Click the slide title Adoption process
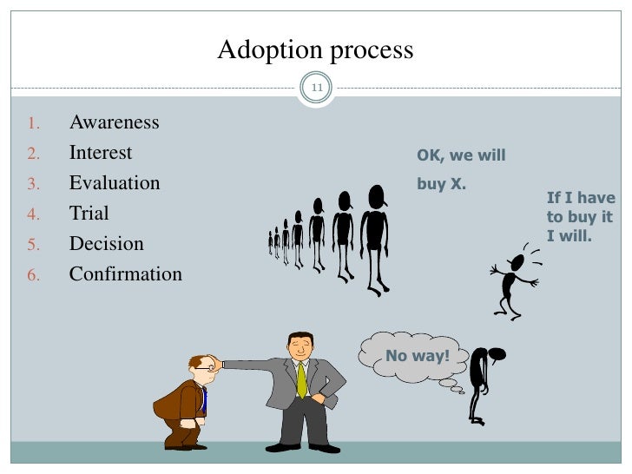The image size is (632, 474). tap(315, 50)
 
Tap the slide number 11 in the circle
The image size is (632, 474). tap(316, 88)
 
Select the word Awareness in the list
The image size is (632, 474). tap(114, 122)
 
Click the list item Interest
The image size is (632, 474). tap(101, 154)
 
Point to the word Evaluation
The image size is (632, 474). tap(115, 184)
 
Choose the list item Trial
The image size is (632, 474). tap(89, 214)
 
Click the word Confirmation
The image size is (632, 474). tap(126, 275)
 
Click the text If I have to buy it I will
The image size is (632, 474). tap(581, 216)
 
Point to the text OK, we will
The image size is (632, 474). tap(461, 156)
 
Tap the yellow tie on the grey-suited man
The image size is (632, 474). tap(302, 379)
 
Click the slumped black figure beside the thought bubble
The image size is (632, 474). tap(480, 382)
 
